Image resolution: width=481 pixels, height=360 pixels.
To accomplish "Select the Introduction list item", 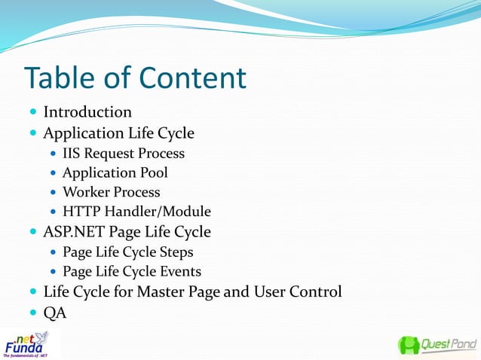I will pos(87,112).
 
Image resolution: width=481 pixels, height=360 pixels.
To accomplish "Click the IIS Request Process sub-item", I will pos(124,154).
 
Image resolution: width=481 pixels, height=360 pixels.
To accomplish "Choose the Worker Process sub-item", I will pos(112,192).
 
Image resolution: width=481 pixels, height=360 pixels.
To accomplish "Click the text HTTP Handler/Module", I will pos(136,212).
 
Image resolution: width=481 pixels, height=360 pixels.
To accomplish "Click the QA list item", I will pos(55,313).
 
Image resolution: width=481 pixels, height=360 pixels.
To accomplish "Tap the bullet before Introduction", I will pos(32,113).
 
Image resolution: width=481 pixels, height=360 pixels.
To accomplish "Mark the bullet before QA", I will pos(32,313).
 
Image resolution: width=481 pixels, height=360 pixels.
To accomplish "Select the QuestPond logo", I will pos(437,346).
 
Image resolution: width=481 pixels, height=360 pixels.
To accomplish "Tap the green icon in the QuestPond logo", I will pos(409,346).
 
